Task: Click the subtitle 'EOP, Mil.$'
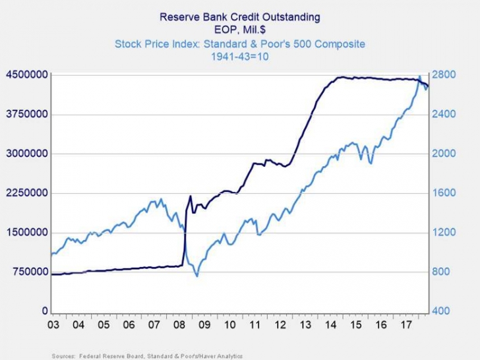tap(239, 30)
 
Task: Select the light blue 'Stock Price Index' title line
tap(239, 44)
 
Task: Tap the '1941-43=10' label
tap(239, 57)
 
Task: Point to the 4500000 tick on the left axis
tap(27, 75)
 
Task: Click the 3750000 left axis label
tap(27, 114)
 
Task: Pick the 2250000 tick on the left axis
tap(27, 193)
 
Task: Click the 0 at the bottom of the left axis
tap(45, 311)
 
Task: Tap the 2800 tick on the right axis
tap(444, 75)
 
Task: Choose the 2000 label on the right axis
tap(444, 154)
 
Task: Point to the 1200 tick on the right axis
tap(444, 233)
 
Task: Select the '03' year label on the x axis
tap(56, 325)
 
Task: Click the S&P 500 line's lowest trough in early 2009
tap(197, 276)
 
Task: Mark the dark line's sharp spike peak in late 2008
tap(191, 196)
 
